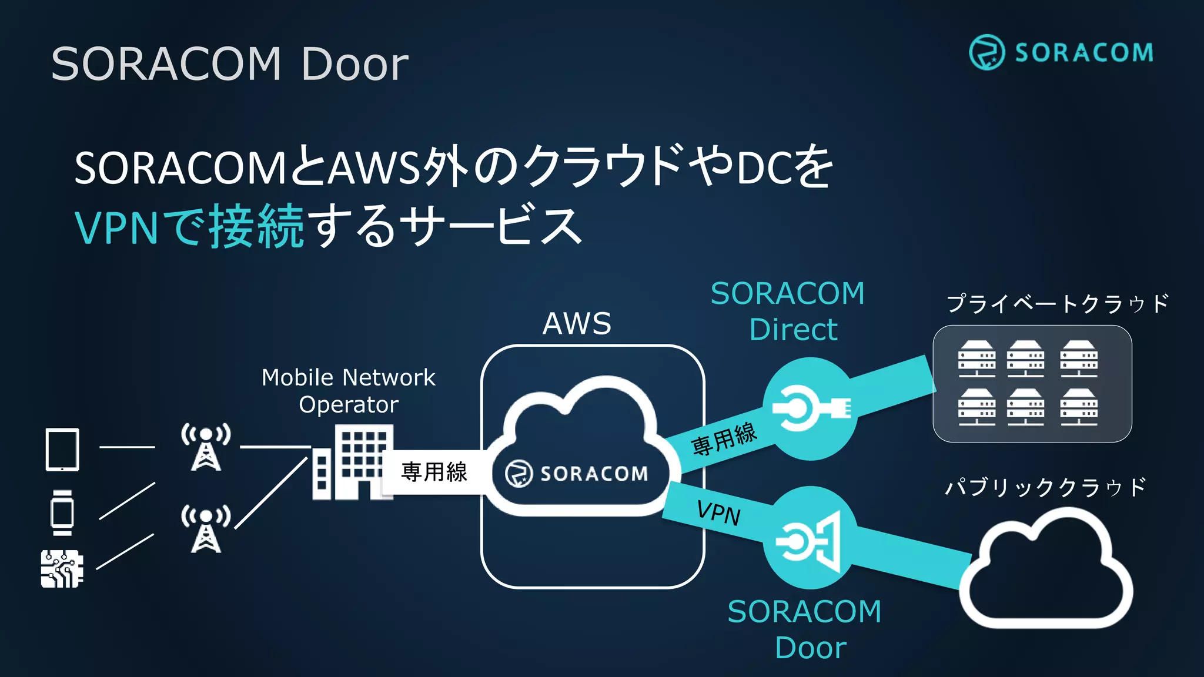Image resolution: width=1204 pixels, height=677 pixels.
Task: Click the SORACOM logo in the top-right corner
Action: [x=1061, y=52]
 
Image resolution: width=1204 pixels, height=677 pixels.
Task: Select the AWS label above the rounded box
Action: [x=577, y=323]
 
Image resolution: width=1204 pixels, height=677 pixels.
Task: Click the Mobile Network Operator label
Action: [x=349, y=391]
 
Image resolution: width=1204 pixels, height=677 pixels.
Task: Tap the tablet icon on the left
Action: [x=62, y=450]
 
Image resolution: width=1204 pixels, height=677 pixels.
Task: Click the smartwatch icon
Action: [x=62, y=512]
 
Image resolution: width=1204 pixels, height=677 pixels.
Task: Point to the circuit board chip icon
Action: [x=62, y=569]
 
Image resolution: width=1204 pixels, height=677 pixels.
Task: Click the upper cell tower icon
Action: [x=206, y=447]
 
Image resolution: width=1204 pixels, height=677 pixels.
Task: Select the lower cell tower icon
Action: [x=206, y=528]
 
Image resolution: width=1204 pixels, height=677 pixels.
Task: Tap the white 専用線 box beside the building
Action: [x=434, y=471]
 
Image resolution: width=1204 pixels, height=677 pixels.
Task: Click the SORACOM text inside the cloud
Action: [x=593, y=474]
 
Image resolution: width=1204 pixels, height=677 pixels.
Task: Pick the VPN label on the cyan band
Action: [x=718, y=512]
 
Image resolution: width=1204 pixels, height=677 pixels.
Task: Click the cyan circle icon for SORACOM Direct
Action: [x=810, y=408]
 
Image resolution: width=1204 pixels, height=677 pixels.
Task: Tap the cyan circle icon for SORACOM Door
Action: [x=810, y=538]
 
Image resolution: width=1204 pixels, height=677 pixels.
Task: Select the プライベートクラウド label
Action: [x=1057, y=304]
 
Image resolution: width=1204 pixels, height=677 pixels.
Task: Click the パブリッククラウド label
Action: [x=1045, y=487]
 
